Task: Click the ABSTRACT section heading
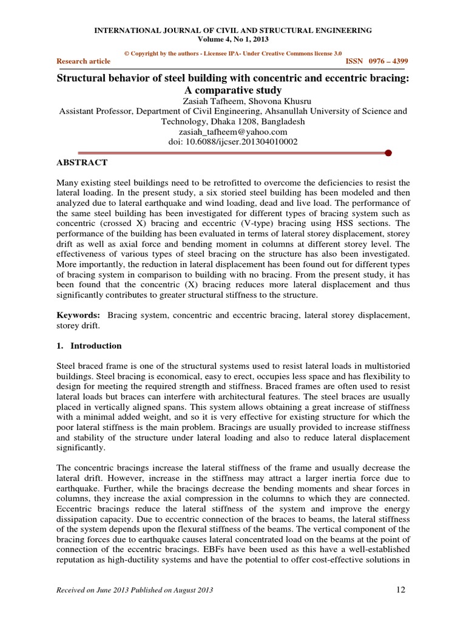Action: coord(82,163)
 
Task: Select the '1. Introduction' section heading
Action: coord(89,346)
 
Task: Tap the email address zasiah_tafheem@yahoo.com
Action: coord(232,131)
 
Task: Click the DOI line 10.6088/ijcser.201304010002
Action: coord(232,141)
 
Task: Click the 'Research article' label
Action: coord(83,61)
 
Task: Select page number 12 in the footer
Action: coord(400,590)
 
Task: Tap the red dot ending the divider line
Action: coord(388,152)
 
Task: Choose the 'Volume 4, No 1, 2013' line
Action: coord(232,39)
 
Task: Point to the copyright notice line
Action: coord(232,53)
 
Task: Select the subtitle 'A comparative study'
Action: coord(232,90)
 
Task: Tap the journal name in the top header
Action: coord(232,30)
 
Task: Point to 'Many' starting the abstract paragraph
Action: coord(68,182)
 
